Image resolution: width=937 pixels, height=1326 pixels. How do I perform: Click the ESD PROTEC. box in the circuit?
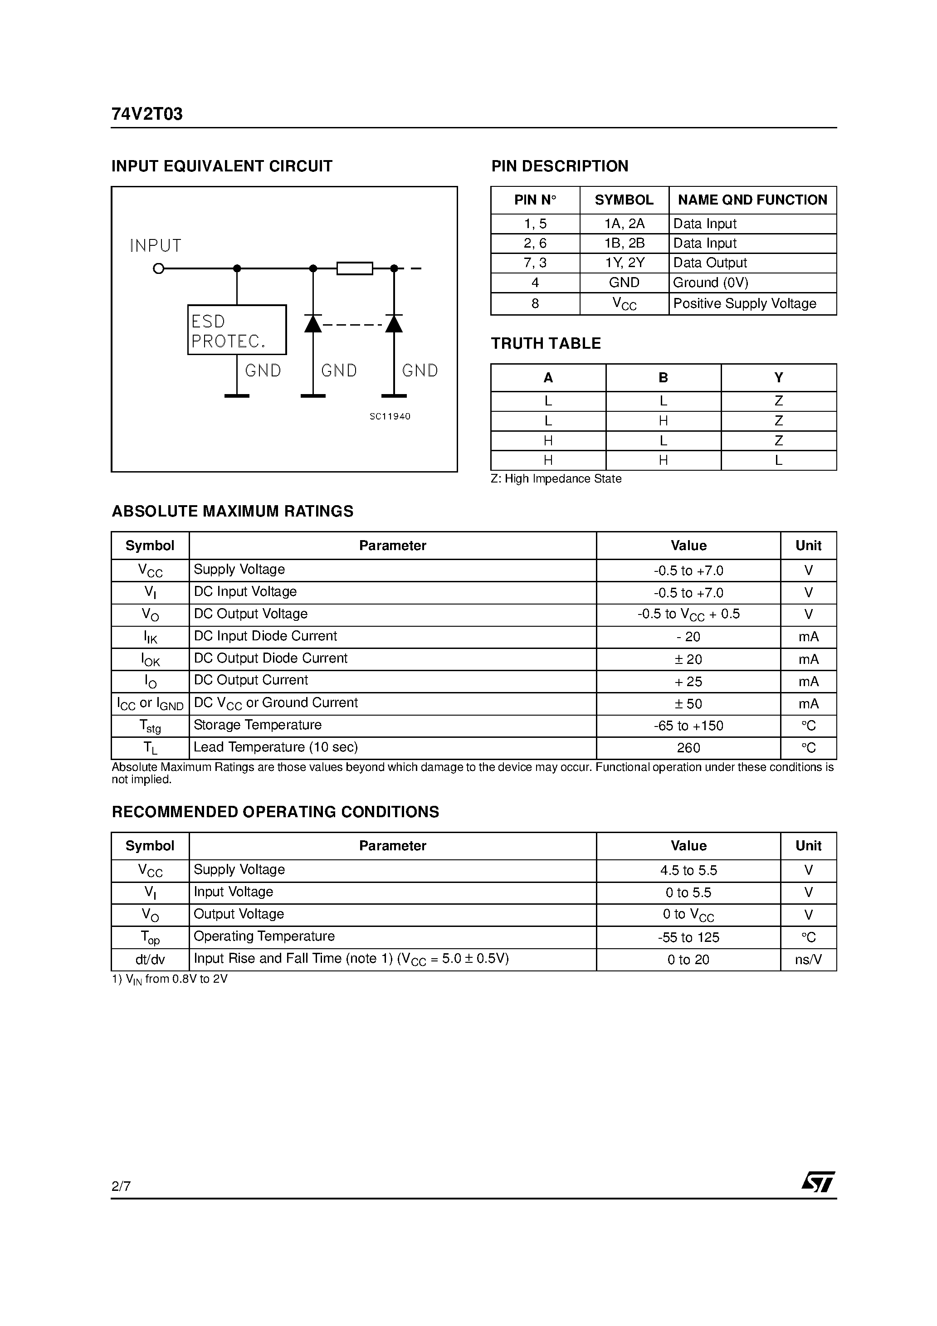point(237,330)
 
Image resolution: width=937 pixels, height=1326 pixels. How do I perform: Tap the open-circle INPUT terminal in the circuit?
point(158,268)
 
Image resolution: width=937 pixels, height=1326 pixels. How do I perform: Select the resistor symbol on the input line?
point(355,268)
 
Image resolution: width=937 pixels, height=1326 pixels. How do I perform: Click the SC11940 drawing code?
point(390,416)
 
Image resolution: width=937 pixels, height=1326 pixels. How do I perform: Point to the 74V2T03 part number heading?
point(147,114)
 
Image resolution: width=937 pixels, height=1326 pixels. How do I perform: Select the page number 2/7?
point(121,1186)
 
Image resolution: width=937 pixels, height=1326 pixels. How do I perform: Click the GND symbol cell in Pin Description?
point(624,283)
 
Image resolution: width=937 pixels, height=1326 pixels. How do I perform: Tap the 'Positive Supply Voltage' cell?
point(745,304)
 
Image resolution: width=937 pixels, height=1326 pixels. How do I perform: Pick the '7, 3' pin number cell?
point(535,263)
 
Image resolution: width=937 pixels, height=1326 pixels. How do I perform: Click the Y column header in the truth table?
point(778,378)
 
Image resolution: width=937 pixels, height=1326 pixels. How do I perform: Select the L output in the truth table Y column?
point(778,460)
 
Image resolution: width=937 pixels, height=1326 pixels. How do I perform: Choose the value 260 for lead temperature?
point(688,748)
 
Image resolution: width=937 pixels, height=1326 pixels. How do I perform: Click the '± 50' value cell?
point(688,703)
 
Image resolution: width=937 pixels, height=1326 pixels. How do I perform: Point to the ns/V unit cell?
point(808,960)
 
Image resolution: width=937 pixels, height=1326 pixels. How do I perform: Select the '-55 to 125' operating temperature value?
point(688,937)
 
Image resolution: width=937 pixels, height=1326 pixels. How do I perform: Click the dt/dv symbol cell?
point(150,960)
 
